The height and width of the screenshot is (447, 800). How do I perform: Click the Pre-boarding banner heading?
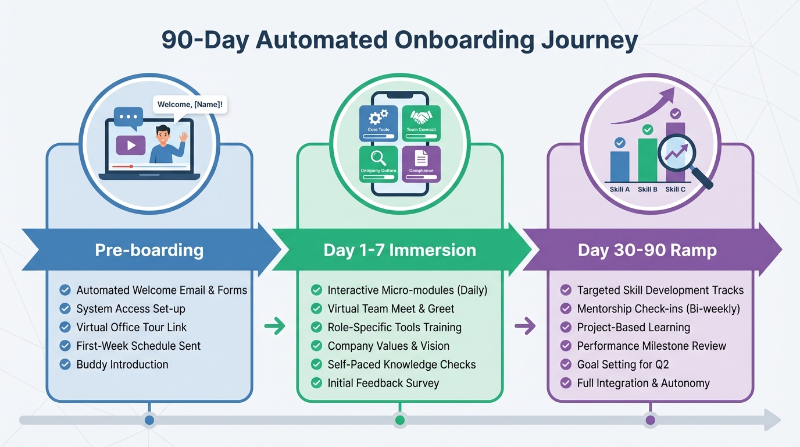(x=149, y=250)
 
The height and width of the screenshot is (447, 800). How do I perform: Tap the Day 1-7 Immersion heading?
(x=399, y=250)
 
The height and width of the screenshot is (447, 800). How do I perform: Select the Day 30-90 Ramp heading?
(x=647, y=250)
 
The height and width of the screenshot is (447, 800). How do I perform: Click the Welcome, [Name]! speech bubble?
(x=190, y=105)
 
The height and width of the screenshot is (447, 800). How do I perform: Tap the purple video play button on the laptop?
(x=130, y=146)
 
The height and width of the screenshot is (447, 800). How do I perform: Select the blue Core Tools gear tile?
(x=378, y=123)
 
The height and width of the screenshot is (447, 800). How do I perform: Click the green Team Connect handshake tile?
(x=422, y=123)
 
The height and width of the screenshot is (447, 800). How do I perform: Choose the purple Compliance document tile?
(x=422, y=164)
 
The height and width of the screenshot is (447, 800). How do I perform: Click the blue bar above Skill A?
(x=620, y=166)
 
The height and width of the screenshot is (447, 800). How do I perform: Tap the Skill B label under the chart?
(x=648, y=189)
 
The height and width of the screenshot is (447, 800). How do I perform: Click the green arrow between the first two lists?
(x=275, y=327)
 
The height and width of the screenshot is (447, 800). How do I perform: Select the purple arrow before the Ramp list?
(x=525, y=327)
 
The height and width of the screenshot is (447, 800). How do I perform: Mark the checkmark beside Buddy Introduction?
(x=65, y=364)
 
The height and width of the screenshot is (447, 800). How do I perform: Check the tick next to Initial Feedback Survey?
(x=316, y=383)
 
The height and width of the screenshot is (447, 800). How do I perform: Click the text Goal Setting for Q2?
(x=623, y=364)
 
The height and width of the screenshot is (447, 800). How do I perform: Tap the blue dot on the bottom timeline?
(x=149, y=420)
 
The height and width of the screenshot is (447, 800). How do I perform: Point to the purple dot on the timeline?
(x=650, y=420)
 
